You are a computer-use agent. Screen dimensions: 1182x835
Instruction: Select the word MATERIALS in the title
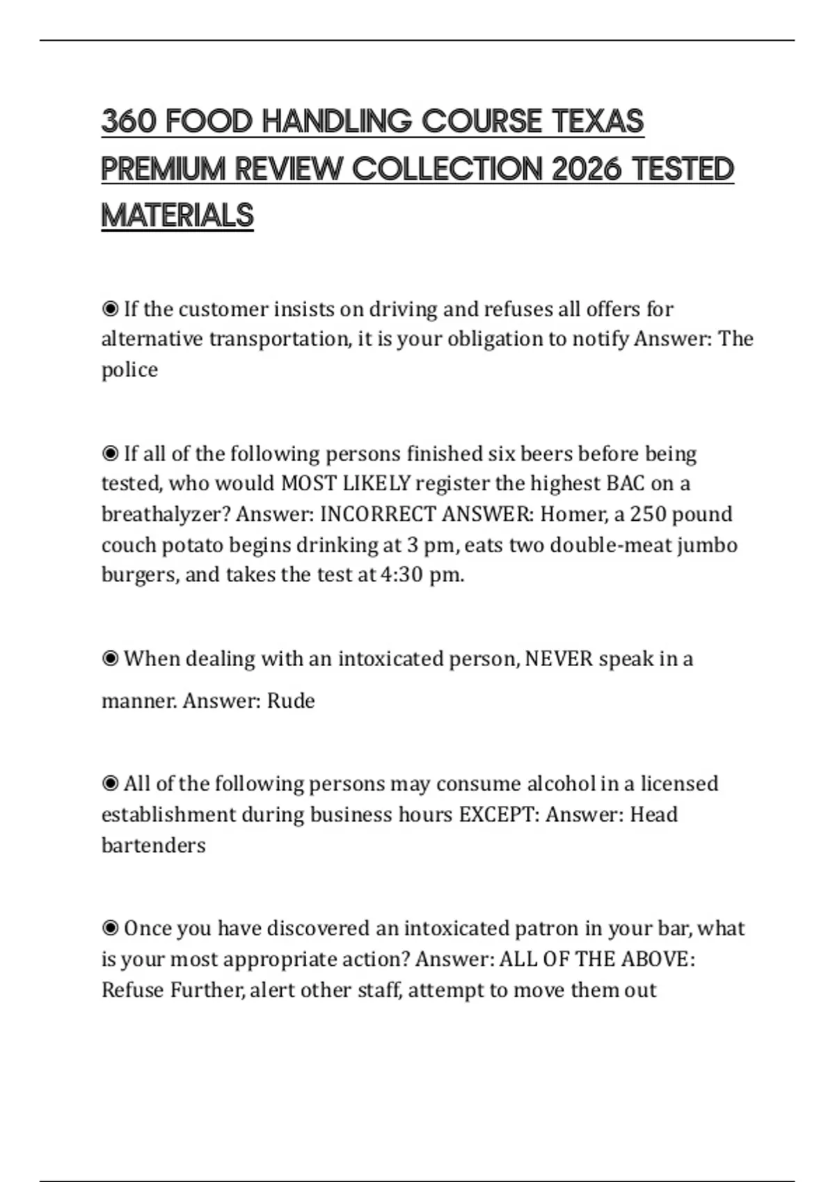177,216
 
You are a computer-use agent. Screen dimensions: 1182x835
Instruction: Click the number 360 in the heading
129,122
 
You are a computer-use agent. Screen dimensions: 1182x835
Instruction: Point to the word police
129,370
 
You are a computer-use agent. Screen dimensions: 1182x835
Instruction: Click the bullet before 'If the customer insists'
110,309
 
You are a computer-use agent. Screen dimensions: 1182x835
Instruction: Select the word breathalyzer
166,515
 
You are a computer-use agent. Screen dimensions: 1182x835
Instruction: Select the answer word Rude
291,701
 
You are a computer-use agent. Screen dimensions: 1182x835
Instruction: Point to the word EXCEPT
498,814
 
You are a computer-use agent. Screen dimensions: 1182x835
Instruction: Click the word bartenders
154,845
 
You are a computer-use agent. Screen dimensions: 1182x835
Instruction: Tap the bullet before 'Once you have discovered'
110,928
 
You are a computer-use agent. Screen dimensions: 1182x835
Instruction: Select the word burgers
139,575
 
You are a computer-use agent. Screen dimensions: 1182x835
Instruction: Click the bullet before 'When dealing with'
110,658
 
